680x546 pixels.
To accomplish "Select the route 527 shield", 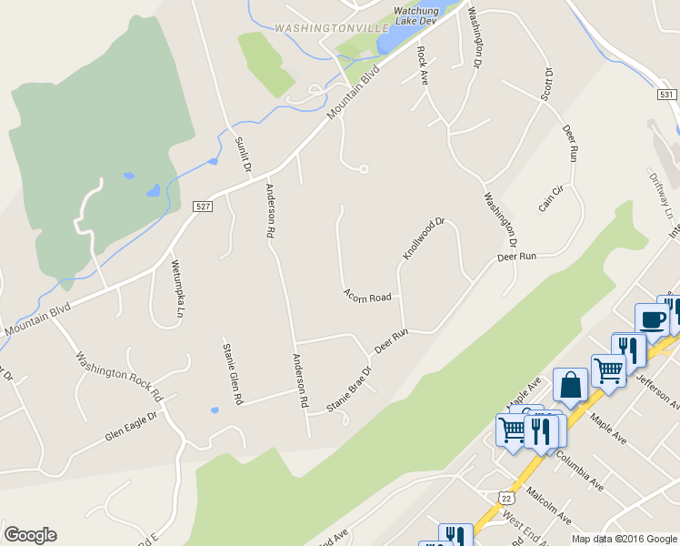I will tap(203, 207).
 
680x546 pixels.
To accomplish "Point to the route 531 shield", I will tap(667, 95).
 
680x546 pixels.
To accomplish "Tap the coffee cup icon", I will tap(653, 319).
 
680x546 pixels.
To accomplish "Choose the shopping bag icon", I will tap(570, 385).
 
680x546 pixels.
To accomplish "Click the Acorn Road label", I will tap(367, 297).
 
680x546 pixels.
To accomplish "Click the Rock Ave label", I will tap(422, 66).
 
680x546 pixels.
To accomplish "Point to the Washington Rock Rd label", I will tap(118, 377).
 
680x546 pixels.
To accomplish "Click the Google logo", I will tap(30, 535).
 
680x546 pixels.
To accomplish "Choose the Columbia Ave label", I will tap(581, 468).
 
